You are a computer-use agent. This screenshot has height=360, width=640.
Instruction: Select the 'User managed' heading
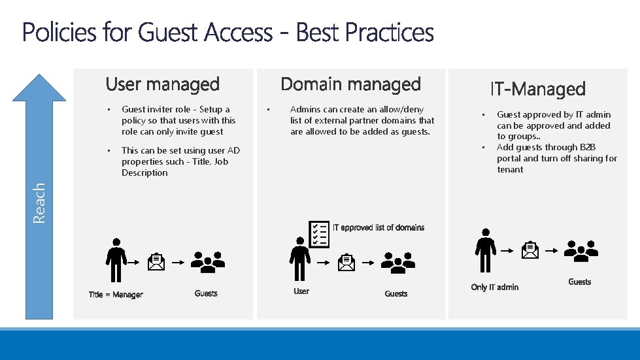pyautogui.click(x=162, y=84)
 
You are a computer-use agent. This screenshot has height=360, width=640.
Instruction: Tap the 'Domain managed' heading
pyautogui.click(x=350, y=84)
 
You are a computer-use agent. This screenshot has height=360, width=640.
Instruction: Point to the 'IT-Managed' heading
pyautogui.click(x=537, y=89)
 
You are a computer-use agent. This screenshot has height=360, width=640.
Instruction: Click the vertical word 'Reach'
pyautogui.click(x=39, y=203)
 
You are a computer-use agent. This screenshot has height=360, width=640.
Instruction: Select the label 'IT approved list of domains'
pyautogui.click(x=379, y=227)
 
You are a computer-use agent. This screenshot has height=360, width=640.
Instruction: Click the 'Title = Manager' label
pyautogui.click(x=116, y=295)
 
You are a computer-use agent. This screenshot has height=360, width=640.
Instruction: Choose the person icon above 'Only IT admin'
pyautogui.click(x=485, y=250)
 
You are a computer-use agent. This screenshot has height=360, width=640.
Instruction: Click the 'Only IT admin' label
pyautogui.click(x=495, y=287)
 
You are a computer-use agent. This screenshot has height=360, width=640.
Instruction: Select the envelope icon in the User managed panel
pyautogui.click(x=157, y=262)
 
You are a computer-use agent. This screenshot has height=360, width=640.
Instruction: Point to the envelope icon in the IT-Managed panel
pyautogui.click(x=530, y=250)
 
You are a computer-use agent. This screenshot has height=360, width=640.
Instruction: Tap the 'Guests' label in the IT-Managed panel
pyautogui.click(x=579, y=282)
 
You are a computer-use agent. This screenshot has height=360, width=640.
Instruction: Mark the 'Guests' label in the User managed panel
pyautogui.click(x=206, y=293)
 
